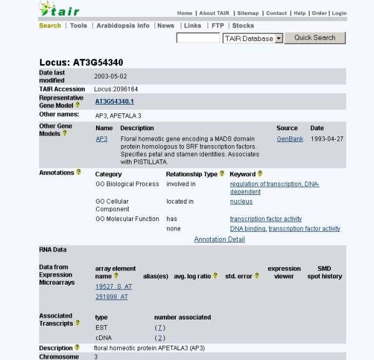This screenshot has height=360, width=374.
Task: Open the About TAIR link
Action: pos(215,13)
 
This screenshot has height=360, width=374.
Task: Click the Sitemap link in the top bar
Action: pos(247,13)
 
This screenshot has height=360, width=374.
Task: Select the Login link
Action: pos(339,13)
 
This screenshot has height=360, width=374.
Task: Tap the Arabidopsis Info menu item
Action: pos(123,26)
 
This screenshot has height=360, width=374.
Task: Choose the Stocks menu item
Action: pos(243,26)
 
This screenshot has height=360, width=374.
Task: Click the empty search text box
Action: pos(198,38)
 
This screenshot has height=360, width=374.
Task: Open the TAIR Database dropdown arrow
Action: pos(279,38)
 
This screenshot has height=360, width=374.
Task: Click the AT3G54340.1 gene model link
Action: pos(114,101)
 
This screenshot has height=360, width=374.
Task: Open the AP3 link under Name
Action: pos(101,139)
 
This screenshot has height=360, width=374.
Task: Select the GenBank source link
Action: pos(290,139)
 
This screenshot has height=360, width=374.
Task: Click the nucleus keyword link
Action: pos(241,202)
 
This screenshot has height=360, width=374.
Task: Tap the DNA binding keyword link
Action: pos(247,229)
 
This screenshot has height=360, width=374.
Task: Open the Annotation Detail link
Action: pos(219,239)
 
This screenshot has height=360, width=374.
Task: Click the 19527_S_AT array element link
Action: pos(113,287)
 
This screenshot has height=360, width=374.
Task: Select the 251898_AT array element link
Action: pos(112,297)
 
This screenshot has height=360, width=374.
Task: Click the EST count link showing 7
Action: pos(160,327)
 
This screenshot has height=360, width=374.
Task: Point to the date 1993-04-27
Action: pos(327,139)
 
